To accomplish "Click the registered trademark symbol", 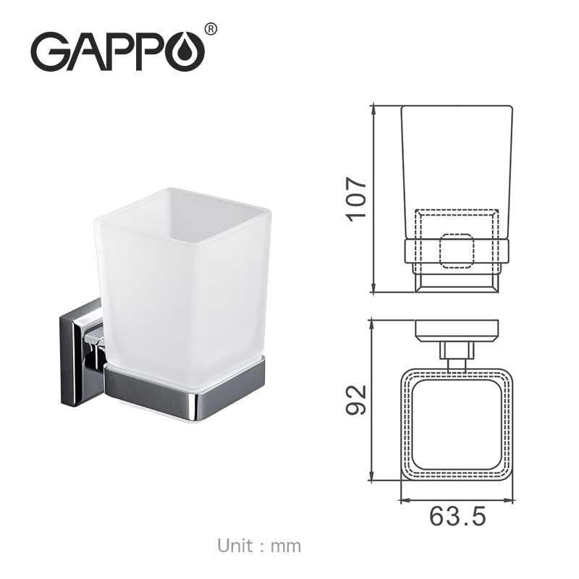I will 211,29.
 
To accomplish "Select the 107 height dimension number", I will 357,198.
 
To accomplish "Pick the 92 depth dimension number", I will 357,400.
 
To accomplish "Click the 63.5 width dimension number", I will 458,517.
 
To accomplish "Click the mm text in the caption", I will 285,546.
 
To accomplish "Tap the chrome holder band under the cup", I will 188,391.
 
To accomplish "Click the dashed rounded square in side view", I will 457,250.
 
